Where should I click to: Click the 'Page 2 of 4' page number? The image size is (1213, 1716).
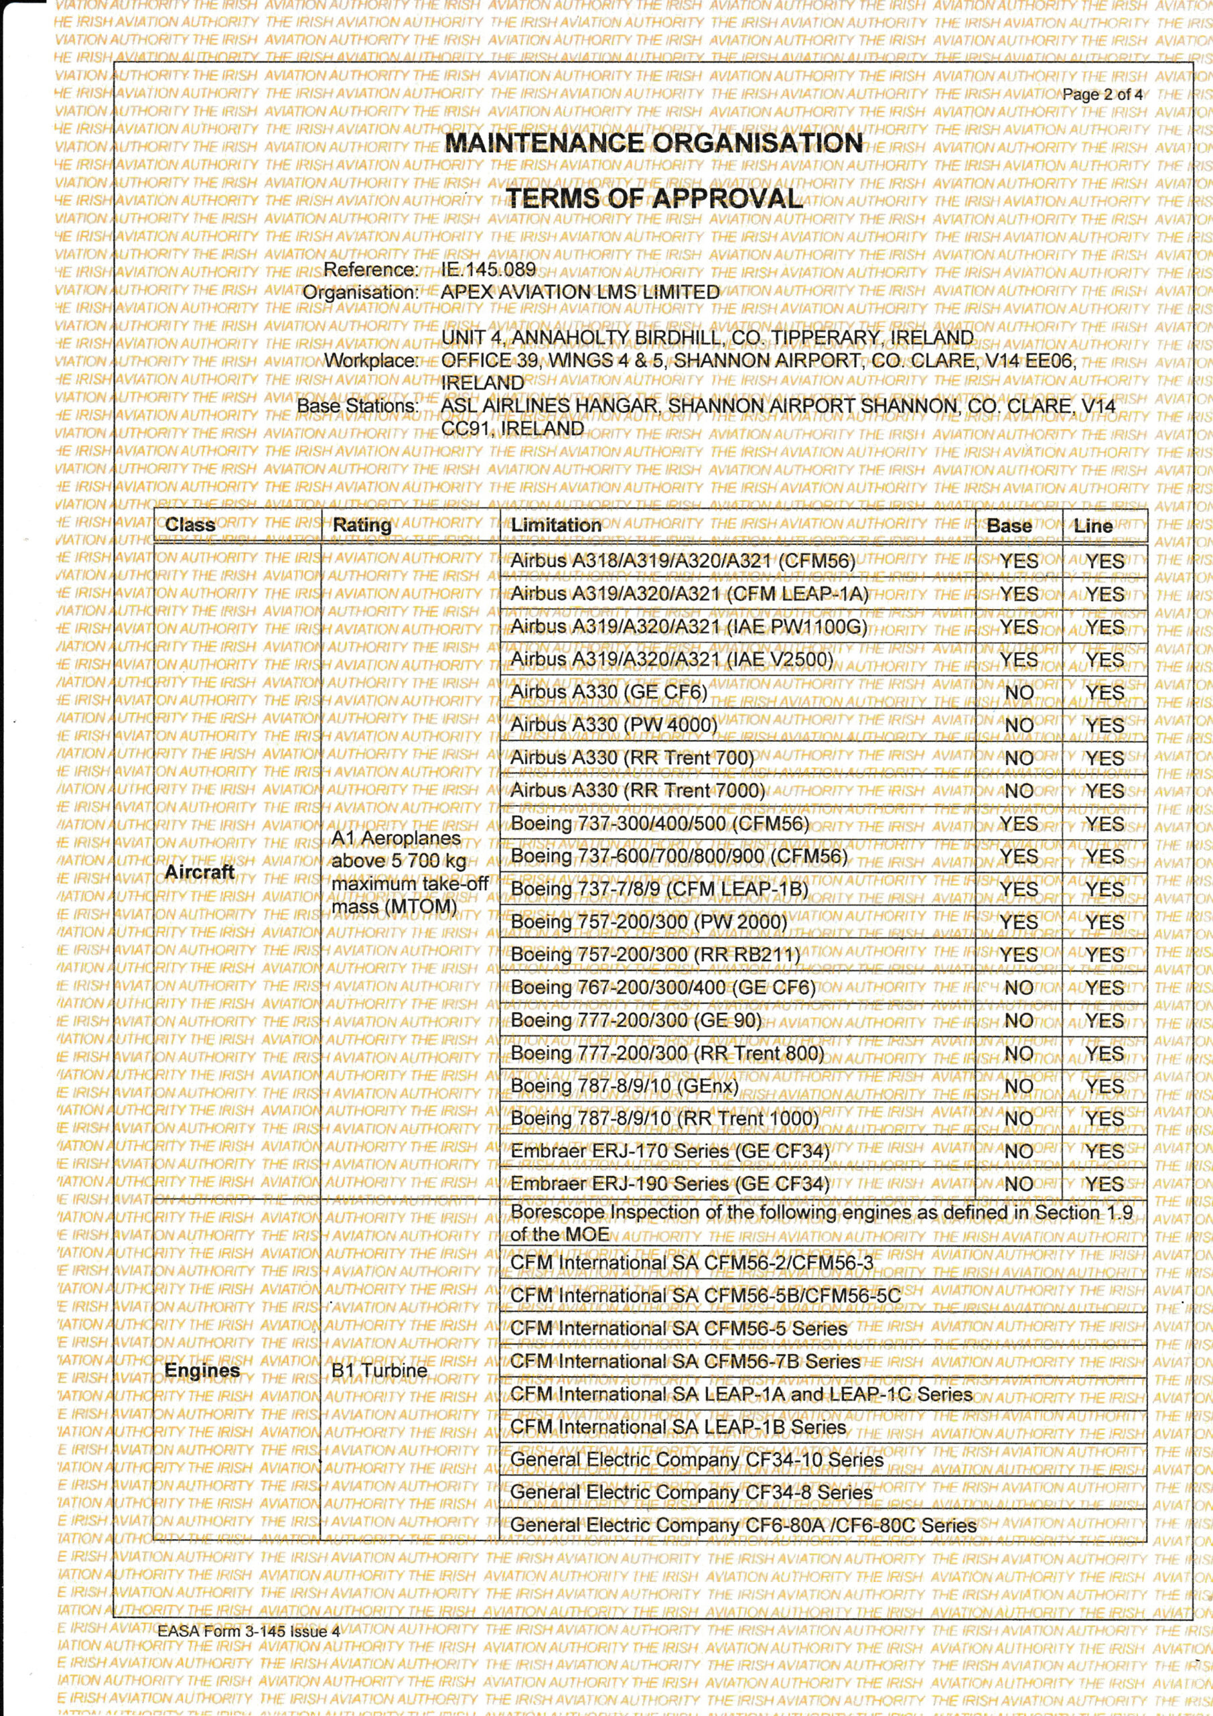[1102, 95]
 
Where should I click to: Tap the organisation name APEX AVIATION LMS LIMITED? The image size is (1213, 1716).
[579, 292]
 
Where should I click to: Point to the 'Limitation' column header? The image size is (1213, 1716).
[556, 526]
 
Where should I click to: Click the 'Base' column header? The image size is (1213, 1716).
[1009, 526]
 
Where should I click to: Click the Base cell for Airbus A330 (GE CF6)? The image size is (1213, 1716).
[1019, 693]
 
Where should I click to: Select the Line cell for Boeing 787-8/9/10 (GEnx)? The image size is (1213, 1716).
[1104, 1087]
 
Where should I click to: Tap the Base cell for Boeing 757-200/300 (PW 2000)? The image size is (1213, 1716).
[1019, 923]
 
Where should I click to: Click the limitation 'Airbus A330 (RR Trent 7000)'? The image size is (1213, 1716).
[638, 791]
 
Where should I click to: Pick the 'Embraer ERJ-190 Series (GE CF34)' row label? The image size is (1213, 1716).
[670, 1184]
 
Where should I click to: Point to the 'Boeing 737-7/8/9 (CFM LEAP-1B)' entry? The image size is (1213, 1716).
[660, 890]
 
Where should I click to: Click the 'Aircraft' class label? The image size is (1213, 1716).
[200, 872]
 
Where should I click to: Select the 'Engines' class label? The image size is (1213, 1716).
[202, 1370]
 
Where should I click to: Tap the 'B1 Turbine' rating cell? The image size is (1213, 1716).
[379, 1370]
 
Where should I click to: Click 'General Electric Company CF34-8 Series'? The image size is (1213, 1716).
[691, 1493]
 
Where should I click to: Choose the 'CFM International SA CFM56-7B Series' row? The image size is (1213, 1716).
[685, 1361]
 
